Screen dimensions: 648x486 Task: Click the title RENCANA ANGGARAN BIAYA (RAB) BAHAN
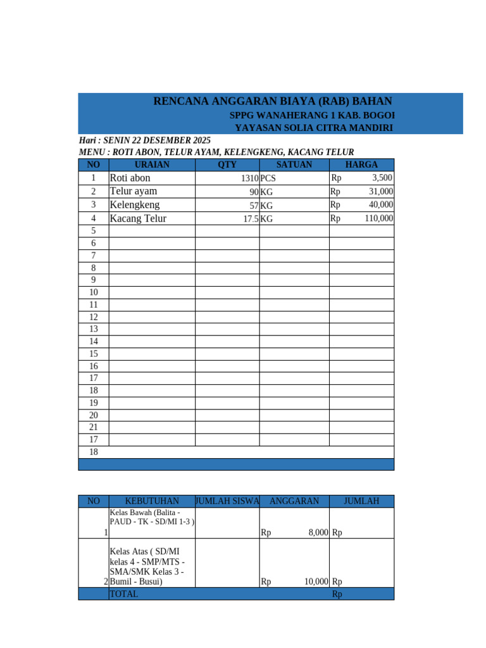(273, 101)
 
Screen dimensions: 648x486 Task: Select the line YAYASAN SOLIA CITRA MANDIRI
(314, 128)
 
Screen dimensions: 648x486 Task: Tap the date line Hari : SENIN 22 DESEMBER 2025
(145, 140)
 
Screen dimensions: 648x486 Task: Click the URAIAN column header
(153, 165)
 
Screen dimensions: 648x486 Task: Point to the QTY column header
(227, 165)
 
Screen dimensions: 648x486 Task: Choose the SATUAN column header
(294, 165)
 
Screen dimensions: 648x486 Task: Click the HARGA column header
(361, 165)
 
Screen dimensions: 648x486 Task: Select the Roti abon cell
(130, 178)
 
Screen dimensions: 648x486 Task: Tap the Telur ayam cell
(134, 191)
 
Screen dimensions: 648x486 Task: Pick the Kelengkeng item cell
(135, 205)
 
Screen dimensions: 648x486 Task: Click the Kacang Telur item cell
(138, 218)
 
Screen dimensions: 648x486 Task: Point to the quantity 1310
(249, 178)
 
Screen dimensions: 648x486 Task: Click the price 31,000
(381, 191)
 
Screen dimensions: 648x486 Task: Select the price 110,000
(378, 218)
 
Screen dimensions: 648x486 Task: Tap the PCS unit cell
(268, 178)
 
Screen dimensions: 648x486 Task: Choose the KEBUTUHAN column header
(152, 501)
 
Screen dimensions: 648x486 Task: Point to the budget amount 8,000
(318, 533)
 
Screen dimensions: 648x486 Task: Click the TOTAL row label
(124, 594)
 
